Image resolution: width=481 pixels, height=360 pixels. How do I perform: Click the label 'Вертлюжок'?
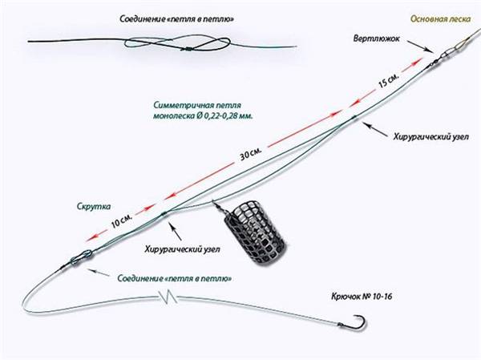377,39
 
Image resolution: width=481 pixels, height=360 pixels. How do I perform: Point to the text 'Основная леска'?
440,19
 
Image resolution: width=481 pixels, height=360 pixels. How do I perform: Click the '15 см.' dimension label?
388,81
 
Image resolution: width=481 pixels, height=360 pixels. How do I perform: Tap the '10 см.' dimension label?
122,221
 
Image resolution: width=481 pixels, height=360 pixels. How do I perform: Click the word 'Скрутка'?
94,206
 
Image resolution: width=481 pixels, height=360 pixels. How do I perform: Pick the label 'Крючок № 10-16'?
362,297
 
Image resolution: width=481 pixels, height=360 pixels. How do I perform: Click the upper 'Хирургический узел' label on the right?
431,136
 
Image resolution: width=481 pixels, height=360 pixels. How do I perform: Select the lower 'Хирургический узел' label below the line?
182,249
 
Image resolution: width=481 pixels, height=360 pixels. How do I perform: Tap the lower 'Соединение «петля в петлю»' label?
175,279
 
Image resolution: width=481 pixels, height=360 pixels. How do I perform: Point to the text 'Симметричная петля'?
197,105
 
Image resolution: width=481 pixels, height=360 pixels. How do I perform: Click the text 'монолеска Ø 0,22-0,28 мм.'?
203,116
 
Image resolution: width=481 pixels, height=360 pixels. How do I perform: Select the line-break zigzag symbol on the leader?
168,297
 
